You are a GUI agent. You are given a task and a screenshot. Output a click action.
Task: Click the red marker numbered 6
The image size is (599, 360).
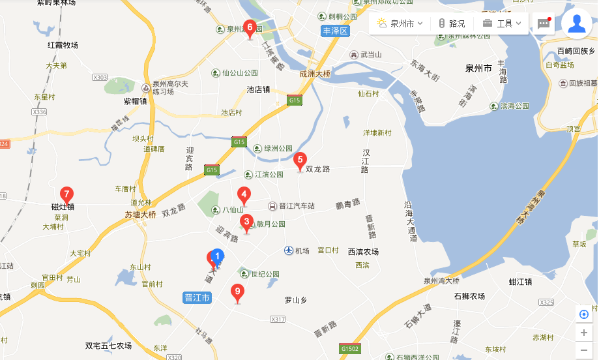coord(249,28)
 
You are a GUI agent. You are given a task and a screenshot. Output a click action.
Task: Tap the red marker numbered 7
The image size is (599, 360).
coord(66,194)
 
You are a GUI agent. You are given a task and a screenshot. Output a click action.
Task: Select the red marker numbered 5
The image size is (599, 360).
coord(300,159)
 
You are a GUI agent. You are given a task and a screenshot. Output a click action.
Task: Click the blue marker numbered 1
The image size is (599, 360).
coord(218,257)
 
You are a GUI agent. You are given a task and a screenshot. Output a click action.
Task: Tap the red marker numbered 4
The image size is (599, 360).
coord(244,194)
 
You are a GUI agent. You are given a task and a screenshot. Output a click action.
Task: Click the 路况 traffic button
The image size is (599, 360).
coord(452,23)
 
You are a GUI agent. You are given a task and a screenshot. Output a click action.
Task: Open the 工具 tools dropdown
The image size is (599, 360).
coord(502,23)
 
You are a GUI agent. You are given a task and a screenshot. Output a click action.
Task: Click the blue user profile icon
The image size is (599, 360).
coord(576,23)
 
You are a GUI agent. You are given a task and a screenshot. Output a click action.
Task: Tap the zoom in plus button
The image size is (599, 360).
coord(583,333)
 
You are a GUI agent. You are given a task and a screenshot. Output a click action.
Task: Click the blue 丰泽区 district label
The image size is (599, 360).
coord(336,31)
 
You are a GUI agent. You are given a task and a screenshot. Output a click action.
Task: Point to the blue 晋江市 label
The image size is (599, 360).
coord(197,297)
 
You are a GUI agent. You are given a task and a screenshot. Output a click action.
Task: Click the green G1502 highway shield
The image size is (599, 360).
coord(350,348)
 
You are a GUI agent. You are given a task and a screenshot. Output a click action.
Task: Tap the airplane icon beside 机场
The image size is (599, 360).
coord(289,250)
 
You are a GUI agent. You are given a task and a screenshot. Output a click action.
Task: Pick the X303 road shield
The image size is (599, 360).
coord(100,78)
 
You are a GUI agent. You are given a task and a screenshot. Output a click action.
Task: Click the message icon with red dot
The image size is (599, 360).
coord(544,23)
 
